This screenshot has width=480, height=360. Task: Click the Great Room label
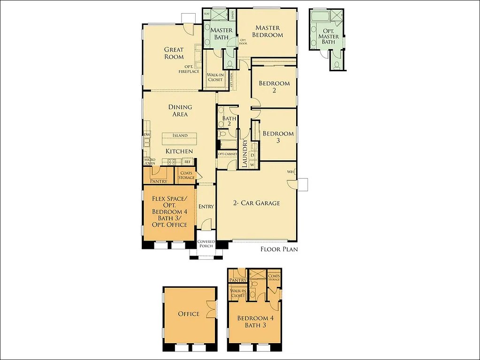tap(174, 53)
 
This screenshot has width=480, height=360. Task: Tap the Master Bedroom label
tap(267, 31)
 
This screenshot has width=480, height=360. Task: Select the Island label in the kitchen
tap(180, 135)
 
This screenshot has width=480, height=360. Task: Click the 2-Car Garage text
tap(257, 203)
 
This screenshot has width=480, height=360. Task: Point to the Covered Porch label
tap(206, 244)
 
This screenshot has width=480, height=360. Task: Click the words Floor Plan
tap(279, 249)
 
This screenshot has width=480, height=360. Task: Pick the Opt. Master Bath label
tap(328, 37)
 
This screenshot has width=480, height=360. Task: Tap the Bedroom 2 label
tap(274, 87)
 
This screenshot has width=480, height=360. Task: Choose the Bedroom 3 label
tap(278, 137)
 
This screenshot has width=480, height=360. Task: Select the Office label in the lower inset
tap(189, 314)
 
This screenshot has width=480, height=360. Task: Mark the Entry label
tap(206, 207)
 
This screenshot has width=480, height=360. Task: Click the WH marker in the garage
tap(290, 172)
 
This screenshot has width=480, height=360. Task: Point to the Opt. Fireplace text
tap(189, 69)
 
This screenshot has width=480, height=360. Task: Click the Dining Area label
tap(180, 111)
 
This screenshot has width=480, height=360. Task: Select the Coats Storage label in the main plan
tap(186, 175)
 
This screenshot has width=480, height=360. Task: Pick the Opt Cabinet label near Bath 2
tap(227, 154)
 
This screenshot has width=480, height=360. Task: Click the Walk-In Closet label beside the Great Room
tap(215, 77)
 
